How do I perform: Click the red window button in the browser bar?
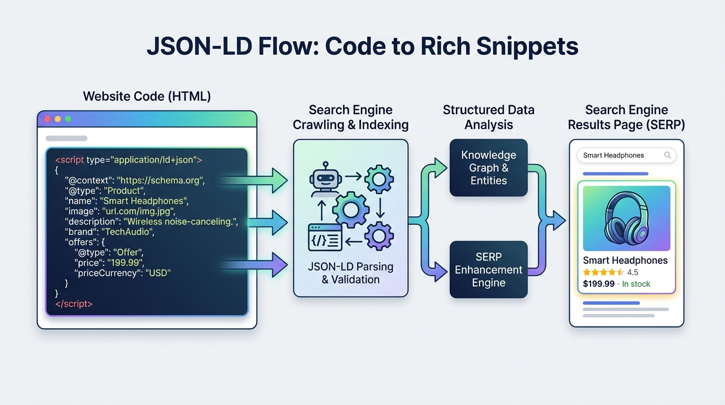[x=47, y=119]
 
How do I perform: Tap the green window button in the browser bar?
[x=67, y=119]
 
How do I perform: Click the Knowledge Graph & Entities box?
[x=488, y=168]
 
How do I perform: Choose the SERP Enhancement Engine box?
[x=488, y=269]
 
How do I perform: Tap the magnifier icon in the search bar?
[x=668, y=155]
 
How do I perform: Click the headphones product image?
[x=626, y=218]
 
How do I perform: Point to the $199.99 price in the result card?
[x=599, y=284]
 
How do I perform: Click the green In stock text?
[x=636, y=284]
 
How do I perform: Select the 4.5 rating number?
[x=633, y=272]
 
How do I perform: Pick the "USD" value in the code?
[x=158, y=273]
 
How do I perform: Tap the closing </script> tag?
[x=74, y=304]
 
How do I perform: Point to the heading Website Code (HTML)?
[x=147, y=97]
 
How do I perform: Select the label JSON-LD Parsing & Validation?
[x=350, y=273]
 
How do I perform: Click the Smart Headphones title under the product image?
[x=625, y=261]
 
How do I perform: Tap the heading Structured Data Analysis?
[x=488, y=117]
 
